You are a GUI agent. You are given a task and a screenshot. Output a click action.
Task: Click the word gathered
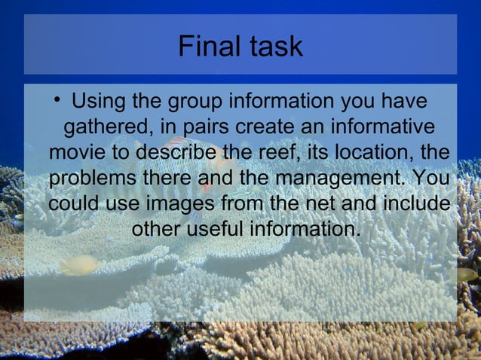pyautogui.click(x=109, y=127)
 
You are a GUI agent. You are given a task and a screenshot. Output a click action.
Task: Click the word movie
pyautogui.click(x=78, y=152)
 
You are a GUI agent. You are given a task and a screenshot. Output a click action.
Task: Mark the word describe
pyautogui.click(x=173, y=152)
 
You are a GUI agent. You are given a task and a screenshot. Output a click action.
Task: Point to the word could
pyautogui.click(x=73, y=203)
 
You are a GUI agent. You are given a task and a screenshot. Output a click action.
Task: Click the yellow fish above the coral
pyautogui.click(x=78, y=264)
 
